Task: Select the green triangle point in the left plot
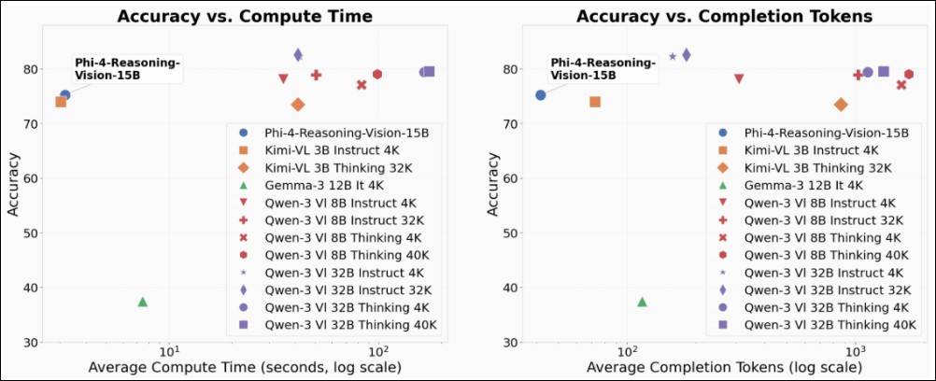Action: pyautogui.click(x=143, y=302)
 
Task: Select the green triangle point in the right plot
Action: pyautogui.click(x=642, y=302)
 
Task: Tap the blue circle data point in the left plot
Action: pyautogui.click(x=65, y=95)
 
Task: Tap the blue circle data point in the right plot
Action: pyautogui.click(x=541, y=95)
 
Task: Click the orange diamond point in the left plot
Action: pyautogui.click(x=298, y=105)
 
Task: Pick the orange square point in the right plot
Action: pyautogui.click(x=595, y=102)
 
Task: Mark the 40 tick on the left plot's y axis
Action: pyautogui.click(x=38, y=288)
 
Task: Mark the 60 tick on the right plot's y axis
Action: pyautogui.click(x=515, y=178)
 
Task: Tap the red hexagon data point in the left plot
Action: pyautogui.click(x=377, y=75)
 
